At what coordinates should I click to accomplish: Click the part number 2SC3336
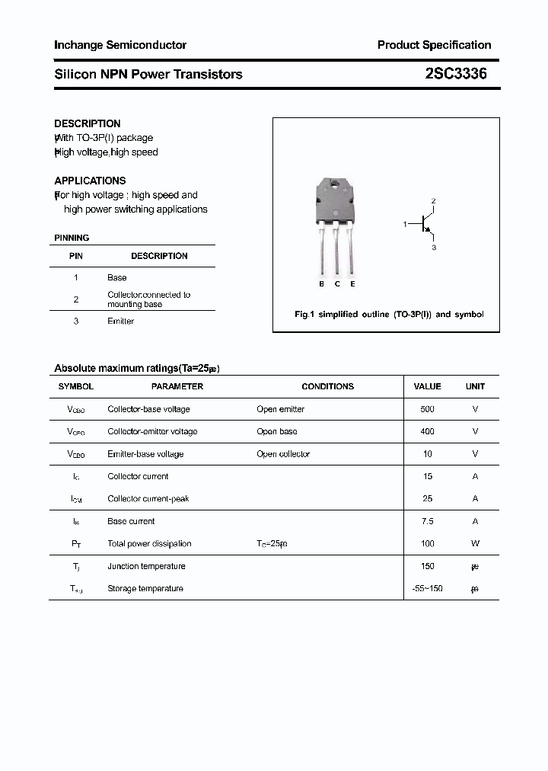point(456,74)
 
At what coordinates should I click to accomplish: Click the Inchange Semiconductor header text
point(120,45)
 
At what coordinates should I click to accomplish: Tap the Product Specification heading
point(434,45)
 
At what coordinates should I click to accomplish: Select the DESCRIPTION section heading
point(88,123)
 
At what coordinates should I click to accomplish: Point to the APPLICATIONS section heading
point(90,181)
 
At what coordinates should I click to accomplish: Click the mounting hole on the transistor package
point(336,184)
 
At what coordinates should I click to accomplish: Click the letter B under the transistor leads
point(321,284)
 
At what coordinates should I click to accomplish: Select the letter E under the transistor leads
point(352,284)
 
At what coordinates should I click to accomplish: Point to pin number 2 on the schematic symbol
point(433,201)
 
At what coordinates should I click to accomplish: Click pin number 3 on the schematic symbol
point(433,247)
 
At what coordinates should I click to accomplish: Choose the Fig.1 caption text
point(389,314)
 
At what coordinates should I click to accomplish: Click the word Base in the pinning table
point(117,277)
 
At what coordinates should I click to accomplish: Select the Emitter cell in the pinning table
point(120,321)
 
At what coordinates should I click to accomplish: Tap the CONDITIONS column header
point(327,386)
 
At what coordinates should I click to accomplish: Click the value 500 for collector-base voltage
point(427,409)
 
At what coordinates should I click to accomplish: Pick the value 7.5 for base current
point(427,521)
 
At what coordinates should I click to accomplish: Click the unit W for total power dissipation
point(475,543)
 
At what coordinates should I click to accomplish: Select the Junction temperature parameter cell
point(146,566)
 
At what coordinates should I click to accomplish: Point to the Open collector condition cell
point(283,454)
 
